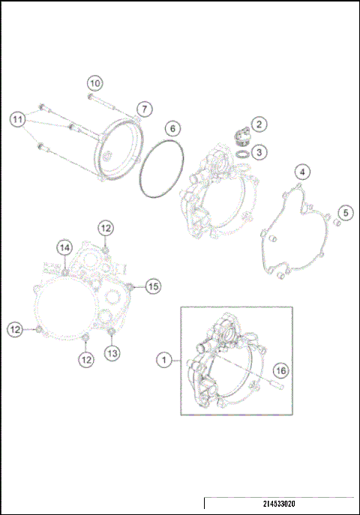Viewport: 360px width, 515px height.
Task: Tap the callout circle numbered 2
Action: pyautogui.click(x=257, y=124)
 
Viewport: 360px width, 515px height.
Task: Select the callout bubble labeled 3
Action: pyautogui.click(x=259, y=152)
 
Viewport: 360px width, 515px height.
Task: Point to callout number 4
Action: pyautogui.click(x=301, y=172)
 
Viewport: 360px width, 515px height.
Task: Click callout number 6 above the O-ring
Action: pyautogui.click(x=171, y=127)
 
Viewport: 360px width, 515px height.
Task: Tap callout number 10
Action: pyautogui.click(x=94, y=82)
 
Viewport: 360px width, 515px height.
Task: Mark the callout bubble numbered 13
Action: pyautogui.click(x=112, y=352)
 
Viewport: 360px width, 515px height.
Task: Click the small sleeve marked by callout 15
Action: pyautogui.click(x=132, y=286)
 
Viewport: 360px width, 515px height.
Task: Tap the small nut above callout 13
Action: pyautogui.click(x=112, y=333)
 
